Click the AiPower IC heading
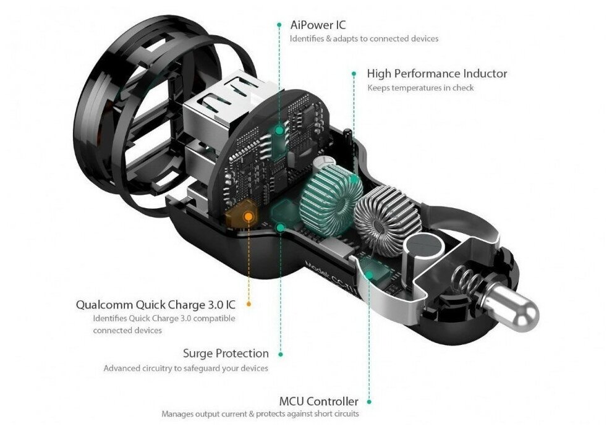coord(318,25)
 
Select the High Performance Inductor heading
coord(436,74)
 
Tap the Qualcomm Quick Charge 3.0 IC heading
coord(155,305)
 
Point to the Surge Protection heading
coord(226,354)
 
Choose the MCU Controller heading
coord(318,402)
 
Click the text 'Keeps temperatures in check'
coord(420,88)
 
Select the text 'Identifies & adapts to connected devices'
coord(364,39)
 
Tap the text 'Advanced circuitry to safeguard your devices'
coord(185,368)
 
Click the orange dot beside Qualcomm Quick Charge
coord(249,304)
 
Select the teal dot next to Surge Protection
coord(281,354)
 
